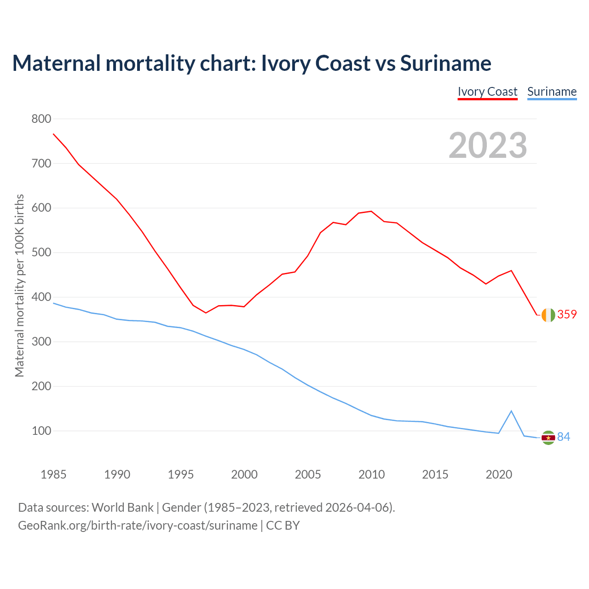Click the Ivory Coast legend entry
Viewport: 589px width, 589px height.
point(487,92)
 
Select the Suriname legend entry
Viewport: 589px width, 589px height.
point(552,92)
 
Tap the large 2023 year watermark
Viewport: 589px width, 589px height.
point(488,145)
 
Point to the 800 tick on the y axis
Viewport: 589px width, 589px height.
point(41,119)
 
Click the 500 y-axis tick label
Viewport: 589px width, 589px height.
point(41,253)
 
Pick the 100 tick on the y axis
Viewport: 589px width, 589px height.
point(41,431)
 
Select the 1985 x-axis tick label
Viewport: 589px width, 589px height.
point(53,474)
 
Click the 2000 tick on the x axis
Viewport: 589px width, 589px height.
point(244,474)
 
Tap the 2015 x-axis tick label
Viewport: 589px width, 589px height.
point(435,474)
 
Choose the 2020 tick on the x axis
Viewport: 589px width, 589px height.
point(499,474)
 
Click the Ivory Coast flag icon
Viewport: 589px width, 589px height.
point(548,315)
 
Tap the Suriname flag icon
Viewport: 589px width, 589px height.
point(548,438)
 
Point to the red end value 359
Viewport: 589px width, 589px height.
point(567,314)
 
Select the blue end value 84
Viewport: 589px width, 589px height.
point(564,437)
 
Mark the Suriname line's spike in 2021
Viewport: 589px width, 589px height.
point(511,411)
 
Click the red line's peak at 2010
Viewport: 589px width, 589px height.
point(371,211)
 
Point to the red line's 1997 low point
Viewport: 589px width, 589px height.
point(206,313)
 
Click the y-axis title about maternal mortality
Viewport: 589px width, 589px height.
point(19,285)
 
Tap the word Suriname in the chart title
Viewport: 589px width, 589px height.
point(445,63)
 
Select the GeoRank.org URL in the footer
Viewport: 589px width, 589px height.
point(138,525)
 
